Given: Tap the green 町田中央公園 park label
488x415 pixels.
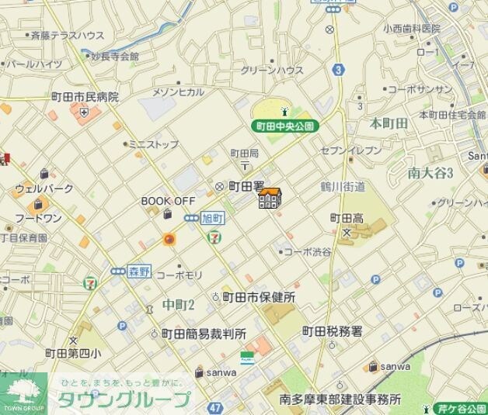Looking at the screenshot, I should point(284,125).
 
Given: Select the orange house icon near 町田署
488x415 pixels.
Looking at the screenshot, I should point(270,199).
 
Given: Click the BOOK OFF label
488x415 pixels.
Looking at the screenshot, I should point(168,200).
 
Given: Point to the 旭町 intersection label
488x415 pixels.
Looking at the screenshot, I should point(211,219).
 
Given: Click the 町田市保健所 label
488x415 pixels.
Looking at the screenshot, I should point(259,297).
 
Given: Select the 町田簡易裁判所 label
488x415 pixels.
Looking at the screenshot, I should point(204,334).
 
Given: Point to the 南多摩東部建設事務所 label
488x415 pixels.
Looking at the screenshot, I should point(340,399).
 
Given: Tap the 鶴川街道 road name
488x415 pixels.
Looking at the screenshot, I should point(343,187).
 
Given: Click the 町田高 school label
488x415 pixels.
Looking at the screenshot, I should point(347,218).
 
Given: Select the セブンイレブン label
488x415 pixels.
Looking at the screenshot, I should point(351,149).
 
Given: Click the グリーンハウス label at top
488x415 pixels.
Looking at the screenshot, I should point(272,70).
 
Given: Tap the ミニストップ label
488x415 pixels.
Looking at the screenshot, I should point(153,144).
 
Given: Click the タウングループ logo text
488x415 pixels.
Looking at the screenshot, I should point(124,400).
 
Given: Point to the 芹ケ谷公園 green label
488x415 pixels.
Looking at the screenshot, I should point(461,407).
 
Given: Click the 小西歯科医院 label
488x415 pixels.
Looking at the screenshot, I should point(411,28).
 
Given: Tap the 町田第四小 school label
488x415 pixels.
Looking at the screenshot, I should point(72,353).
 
